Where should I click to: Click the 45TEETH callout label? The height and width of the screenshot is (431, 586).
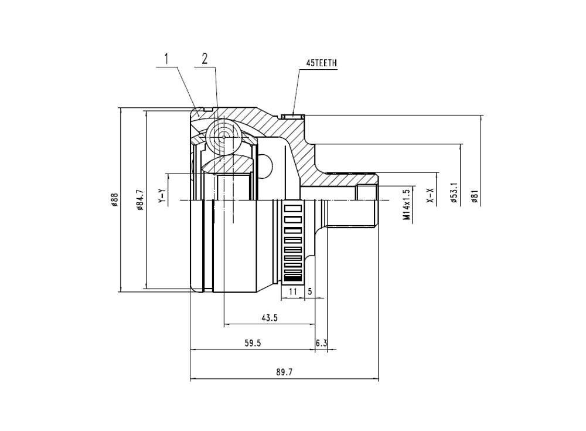coord(322,63)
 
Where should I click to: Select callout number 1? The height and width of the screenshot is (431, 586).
coord(167,58)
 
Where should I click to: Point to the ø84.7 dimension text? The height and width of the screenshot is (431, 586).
coord(140,200)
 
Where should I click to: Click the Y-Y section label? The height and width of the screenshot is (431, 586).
coord(162,196)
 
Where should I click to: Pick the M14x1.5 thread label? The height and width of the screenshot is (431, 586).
coord(406,205)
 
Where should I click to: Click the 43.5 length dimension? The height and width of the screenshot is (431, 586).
coord(269,318)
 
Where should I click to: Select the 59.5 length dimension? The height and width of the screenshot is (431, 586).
coord(253,344)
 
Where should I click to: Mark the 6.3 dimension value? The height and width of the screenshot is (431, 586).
coord(321,344)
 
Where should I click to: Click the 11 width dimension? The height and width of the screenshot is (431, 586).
coord(292,291)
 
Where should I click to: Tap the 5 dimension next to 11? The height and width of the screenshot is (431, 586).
coord(309,291)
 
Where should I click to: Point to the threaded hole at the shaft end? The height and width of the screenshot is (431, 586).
coord(367,193)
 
